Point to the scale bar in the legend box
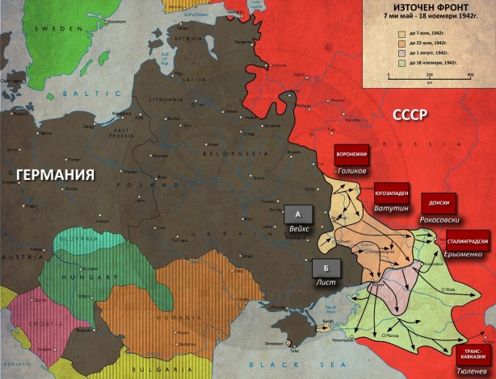[x=429, y=75]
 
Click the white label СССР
[x=410, y=117]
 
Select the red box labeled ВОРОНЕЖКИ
[x=351, y=156]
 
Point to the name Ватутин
[x=390, y=209]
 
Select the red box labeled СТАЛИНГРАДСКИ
[x=467, y=239]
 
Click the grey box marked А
[x=299, y=214]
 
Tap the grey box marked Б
[x=326, y=269]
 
